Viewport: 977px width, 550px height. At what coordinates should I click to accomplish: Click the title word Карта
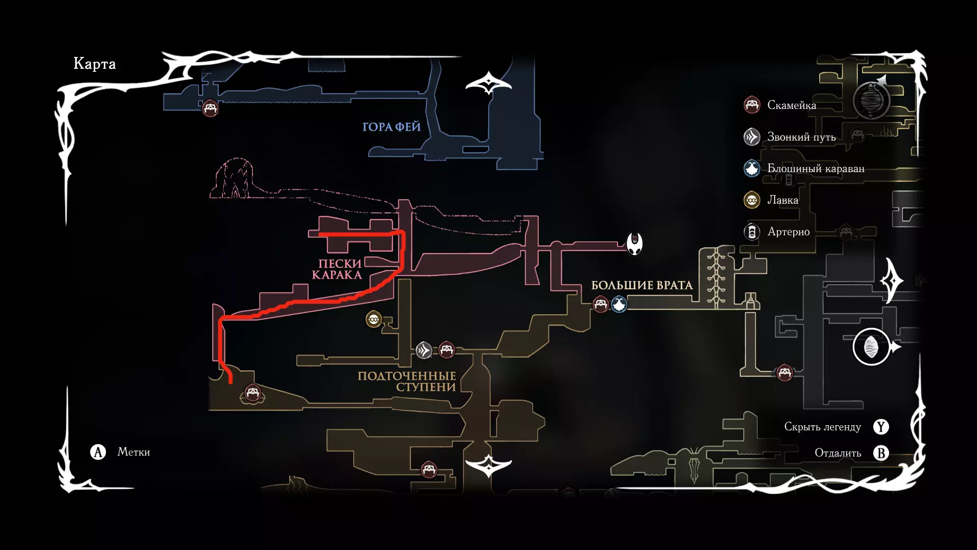click(95, 64)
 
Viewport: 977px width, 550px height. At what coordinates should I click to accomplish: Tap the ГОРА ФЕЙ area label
click(392, 127)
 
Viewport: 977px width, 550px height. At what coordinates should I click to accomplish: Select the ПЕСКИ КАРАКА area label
click(338, 269)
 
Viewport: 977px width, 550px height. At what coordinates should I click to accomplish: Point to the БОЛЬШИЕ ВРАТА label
click(641, 285)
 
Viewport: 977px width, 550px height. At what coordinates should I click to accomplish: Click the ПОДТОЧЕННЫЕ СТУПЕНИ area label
click(407, 381)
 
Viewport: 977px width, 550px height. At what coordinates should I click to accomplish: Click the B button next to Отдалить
click(881, 453)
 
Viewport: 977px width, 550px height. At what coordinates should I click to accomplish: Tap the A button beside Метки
click(98, 452)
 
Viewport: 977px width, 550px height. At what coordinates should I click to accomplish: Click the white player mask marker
click(634, 244)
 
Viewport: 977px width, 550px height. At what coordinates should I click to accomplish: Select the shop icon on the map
click(374, 320)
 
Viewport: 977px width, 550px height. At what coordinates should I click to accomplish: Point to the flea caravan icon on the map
click(619, 305)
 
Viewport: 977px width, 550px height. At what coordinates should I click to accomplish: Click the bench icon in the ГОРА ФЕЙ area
click(210, 108)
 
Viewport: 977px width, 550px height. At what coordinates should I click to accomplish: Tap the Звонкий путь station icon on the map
click(424, 350)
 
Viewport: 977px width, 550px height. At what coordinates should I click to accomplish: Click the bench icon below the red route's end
click(253, 393)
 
